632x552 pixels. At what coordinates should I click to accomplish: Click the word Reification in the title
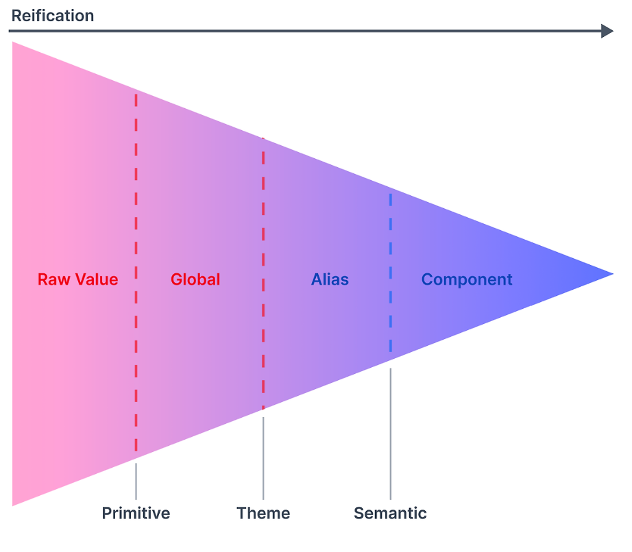pos(53,15)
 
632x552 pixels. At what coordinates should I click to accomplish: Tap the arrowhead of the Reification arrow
pos(607,31)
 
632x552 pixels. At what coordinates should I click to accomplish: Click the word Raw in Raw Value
pos(52,279)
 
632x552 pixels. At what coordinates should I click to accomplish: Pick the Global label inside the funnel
pos(195,279)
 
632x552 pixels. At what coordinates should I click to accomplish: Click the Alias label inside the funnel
pos(330,279)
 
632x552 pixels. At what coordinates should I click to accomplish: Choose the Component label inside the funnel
pos(467,279)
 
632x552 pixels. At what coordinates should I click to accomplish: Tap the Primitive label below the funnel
pos(136,513)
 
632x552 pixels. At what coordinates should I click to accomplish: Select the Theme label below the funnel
pos(263,513)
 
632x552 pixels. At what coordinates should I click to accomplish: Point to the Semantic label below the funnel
pos(390,513)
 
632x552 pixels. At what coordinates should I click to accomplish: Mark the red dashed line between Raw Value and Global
pos(136,205)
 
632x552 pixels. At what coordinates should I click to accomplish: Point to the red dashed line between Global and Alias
pos(263,205)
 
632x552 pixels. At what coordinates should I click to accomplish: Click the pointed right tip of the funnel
pos(611,274)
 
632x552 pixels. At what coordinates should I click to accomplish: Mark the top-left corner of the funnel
pos(14,44)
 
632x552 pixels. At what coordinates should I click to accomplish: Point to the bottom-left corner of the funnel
pos(14,504)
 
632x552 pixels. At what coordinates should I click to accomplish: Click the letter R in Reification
pos(16,15)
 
